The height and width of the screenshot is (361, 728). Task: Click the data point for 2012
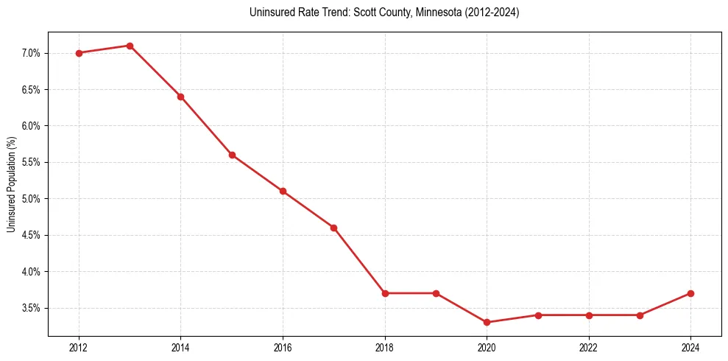pyautogui.click(x=78, y=53)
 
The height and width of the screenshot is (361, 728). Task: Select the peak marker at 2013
pyautogui.click(x=130, y=46)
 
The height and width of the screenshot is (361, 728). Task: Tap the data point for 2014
pyautogui.click(x=180, y=97)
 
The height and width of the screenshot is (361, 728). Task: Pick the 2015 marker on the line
pyautogui.click(x=232, y=155)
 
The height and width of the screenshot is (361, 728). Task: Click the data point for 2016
pyautogui.click(x=283, y=192)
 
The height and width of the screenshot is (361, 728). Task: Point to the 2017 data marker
pyautogui.click(x=333, y=228)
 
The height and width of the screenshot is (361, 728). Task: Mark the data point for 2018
pyautogui.click(x=385, y=293)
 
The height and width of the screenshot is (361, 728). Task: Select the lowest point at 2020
pyautogui.click(x=487, y=323)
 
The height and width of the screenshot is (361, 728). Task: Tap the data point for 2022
pyautogui.click(x=589, y=315)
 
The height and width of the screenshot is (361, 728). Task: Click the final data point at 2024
pyautogui.click(x=690, y=293)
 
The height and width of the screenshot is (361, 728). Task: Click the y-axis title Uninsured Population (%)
pyautogui.click(x=11, y=184)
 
